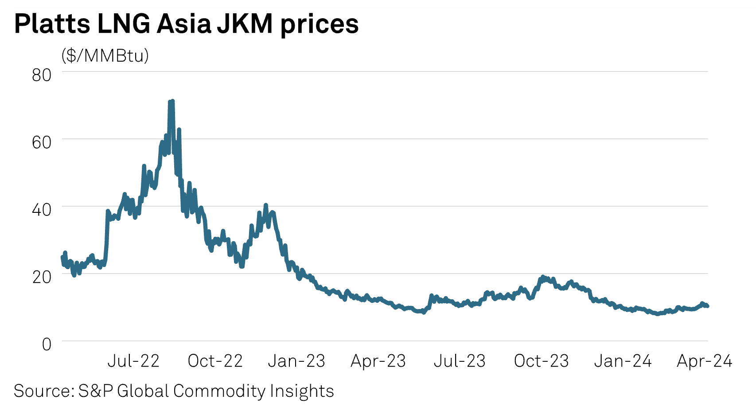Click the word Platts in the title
click(x=52, y=24)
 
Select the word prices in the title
click(x=320, y=25)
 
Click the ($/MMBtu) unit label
click(x=105, y=55)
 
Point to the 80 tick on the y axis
click(x=42, y=75)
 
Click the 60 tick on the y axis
click(x=42, y=142)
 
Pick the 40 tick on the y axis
click(x=42, y=210)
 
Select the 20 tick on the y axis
click(x=42, y=277)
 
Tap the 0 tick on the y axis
click(x=47, y=344)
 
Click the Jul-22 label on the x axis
click(x=133, y=361)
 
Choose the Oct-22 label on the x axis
click(x=215, y=361)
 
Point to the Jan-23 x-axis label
click(x=296, y=361)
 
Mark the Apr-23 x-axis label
click(x=378, y=361)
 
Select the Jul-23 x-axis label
click(x=460, y=361)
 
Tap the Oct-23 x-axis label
click(x=541, y=361)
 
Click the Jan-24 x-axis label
click(x=623, y=361)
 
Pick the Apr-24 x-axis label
click(x=704, y=361)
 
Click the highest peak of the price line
click(x=171, y=102)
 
